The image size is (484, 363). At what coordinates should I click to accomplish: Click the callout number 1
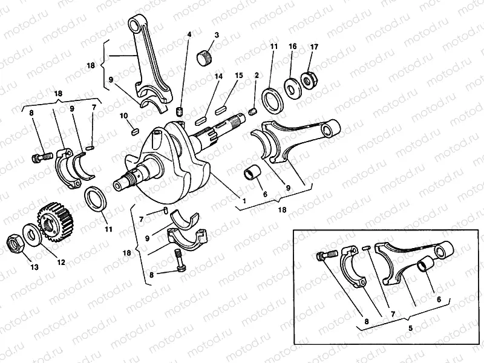(244, 201)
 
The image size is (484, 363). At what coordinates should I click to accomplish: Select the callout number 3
(217, 35)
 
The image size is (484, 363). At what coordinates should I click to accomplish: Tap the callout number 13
(34, 267)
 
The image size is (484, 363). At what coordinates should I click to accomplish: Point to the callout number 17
(314, 47)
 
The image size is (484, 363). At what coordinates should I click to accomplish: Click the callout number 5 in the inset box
(410, 328)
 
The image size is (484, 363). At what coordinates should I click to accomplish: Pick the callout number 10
(124, 116)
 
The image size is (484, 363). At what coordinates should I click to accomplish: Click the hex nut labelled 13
(15, 243)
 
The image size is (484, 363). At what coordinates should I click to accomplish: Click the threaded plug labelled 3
(204, 58)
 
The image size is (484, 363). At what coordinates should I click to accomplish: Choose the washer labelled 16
(292, 88)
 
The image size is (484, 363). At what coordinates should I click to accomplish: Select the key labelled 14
(200, 120)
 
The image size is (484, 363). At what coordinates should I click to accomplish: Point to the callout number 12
(61, 262)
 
